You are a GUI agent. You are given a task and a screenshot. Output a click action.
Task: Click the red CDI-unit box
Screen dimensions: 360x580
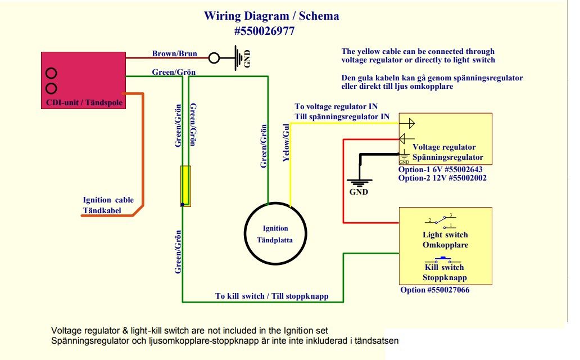(x=83, y=79)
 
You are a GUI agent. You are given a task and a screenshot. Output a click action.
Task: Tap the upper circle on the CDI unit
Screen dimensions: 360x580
(x=51, y=73)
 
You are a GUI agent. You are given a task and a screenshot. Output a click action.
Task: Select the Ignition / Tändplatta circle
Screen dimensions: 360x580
(x=275, y=233)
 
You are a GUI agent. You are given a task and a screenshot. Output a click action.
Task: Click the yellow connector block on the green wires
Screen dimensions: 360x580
(x=185, y=186)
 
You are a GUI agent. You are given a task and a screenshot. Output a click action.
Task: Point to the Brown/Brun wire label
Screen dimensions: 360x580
(x=174, y=53)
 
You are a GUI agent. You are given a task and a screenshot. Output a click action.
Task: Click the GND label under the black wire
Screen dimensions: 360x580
(x=359, y=192)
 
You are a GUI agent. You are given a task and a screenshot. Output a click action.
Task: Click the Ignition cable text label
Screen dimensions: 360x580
(x=108, y=200)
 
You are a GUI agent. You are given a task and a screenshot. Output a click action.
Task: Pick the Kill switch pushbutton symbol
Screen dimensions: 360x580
(x=444, y=260)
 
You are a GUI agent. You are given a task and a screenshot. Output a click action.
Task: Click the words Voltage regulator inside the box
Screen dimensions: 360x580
(x=444, y=147)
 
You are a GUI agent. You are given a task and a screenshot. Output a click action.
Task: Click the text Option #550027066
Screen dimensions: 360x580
(x=434, y=290)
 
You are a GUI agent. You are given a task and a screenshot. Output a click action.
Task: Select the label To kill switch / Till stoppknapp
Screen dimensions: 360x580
(x=271, y=295)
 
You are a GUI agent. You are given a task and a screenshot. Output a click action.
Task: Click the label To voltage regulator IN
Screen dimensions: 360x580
(x=336, y=106)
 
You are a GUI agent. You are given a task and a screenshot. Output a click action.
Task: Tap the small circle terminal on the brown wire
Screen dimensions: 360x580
(x=214, y=57)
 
